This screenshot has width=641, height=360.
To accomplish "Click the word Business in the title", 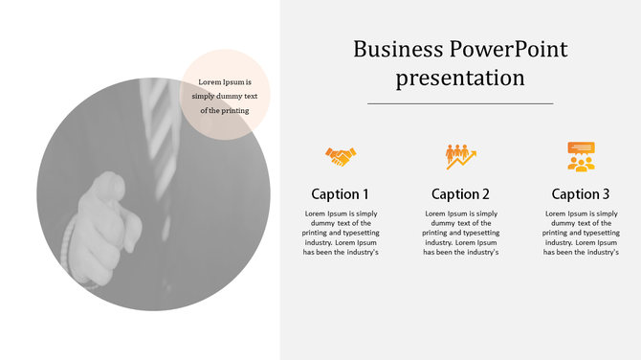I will coord(398,49).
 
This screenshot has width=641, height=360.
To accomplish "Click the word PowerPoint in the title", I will coord(507,49).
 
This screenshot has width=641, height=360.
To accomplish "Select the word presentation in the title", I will coord(460,78).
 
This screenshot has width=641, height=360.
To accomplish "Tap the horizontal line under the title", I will coord(460,102).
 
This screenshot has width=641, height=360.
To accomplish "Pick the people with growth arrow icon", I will coord(460,155).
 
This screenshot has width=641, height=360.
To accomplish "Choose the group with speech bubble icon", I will coord(581,155).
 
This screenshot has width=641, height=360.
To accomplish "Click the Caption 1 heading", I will coord(340,193).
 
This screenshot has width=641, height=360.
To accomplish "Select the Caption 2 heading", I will coord(460,193).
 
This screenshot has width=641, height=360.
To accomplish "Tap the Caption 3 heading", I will coord(581,193).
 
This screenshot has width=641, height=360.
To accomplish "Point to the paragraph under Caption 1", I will coord(341,233).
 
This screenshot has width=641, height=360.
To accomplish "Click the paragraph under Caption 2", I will coord(460,233).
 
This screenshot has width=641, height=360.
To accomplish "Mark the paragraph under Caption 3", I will coord(581,233).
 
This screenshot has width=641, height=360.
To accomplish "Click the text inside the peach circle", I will coord(225,96).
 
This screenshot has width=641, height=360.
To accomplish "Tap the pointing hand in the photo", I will coord(105,215).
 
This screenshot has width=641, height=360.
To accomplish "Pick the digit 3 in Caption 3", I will coord(606,193).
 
